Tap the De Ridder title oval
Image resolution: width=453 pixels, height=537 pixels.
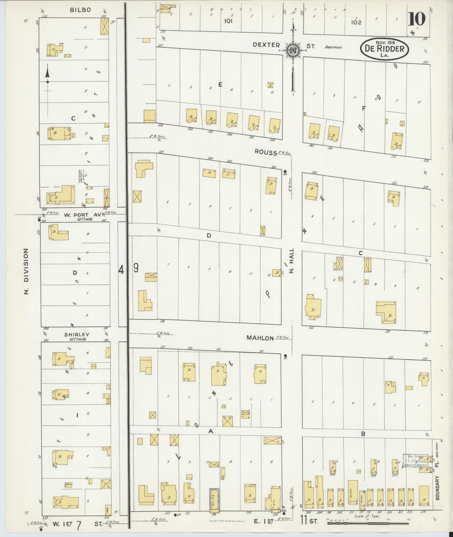(x=384, y=49)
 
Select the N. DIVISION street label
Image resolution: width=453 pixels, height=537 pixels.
(x=26, y=271)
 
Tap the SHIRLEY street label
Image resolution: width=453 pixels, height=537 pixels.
(x=77, y=335)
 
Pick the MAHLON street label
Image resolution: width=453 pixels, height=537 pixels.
(x=260, y=338)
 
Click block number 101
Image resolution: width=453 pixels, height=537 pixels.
(x=229, y=21)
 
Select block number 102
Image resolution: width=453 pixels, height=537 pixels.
(x=356, y=22)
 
